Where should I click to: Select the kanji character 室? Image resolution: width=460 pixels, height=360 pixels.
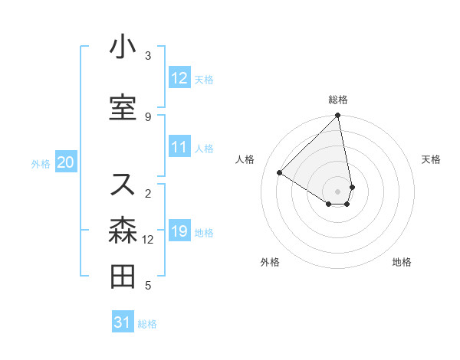(x=123, y=108)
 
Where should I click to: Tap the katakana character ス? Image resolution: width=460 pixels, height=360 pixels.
(x=123, y=185)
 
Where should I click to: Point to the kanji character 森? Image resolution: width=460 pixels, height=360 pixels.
(x=123, y=231)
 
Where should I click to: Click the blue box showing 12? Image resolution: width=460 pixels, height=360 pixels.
(x=179, y=78)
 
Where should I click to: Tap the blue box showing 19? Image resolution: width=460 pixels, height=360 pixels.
(x=179, y=231)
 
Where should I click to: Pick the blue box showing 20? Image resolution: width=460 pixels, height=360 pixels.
(x=65, y=162)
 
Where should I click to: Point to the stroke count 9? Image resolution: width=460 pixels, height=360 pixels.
(x=148, y=116)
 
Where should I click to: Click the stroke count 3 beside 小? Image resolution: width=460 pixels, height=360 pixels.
(x=148, y=55)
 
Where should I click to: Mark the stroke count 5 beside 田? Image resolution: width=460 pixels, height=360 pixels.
(x=148, y=286)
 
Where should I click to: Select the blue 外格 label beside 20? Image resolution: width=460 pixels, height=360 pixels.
(x=41, y=163)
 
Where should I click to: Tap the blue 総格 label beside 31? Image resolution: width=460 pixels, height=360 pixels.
(x=147, y=323)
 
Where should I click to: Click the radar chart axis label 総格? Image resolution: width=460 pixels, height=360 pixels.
(x=338, y=100)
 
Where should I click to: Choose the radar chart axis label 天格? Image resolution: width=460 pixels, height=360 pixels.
(x=431, y=159)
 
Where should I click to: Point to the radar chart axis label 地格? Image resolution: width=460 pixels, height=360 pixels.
(x=402, y=262)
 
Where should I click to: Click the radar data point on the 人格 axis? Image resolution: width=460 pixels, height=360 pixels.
(x=281, y=172)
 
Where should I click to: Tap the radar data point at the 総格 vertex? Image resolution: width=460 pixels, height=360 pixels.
(x=338, y=116)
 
